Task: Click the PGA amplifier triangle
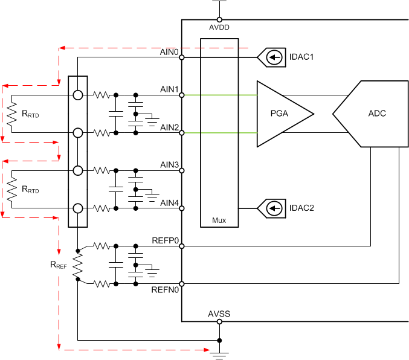click(x=282, y=114)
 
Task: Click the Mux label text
click(x=219, y=220)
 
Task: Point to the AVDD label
click(x=219, y=27)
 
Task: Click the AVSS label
click(x=219, y=314)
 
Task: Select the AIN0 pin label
click(x=169, y=52)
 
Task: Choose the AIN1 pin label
click(x=169, y=89)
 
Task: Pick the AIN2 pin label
click(x=169, y=127)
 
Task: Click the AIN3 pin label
click(x=169, y=165)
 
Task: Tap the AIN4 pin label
click(x=169, y=203)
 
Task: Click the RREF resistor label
click(x=58, y=265)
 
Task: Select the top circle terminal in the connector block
click(x=78, y=95)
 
